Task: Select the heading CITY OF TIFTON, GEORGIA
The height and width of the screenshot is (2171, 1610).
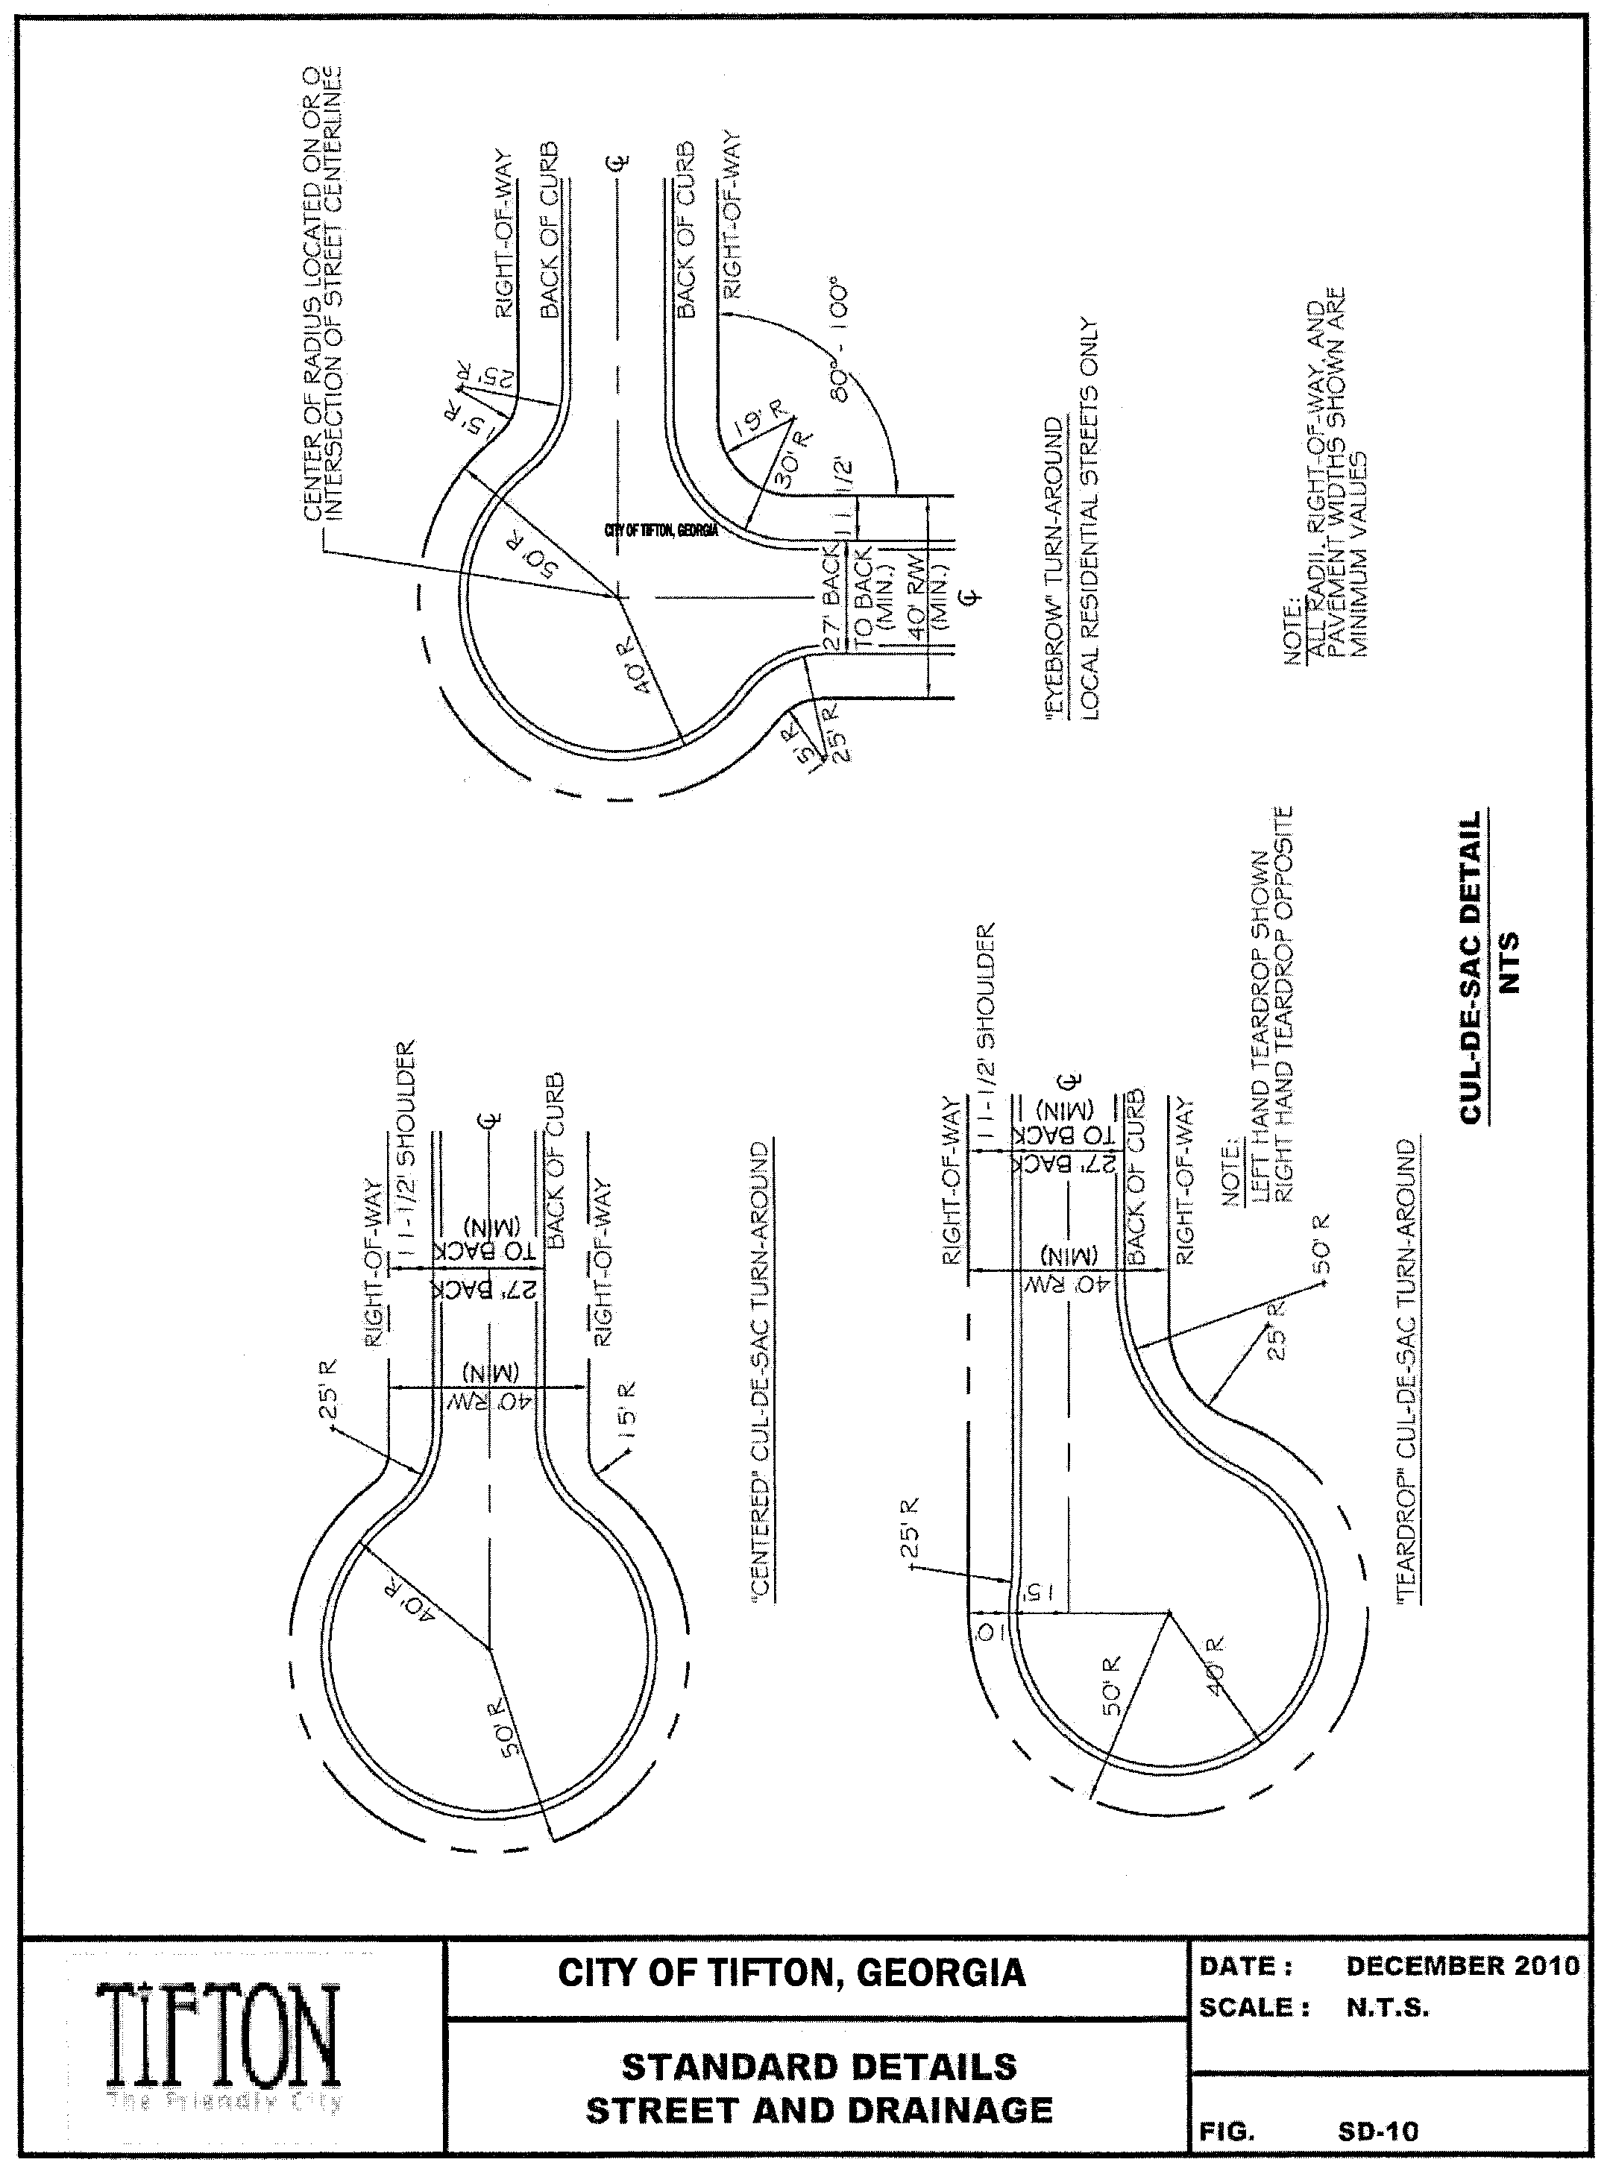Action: (x=791, y=1973)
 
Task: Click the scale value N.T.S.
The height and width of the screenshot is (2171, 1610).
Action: (x=1387, y=2008)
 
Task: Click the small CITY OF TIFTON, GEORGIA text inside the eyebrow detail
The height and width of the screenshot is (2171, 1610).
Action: (x=661, y=529)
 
